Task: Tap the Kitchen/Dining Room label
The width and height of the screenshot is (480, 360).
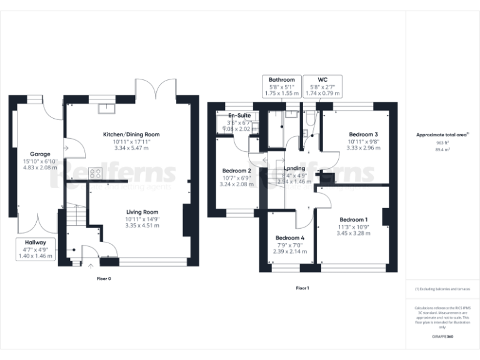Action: tap(131, 134)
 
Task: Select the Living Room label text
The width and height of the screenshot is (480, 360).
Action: tap(142, 212)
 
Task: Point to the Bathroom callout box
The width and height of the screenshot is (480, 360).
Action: tap(282, 86)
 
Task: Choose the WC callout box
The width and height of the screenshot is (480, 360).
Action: tap(322, 86)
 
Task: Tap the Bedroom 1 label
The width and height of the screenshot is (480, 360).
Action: tap(353, 219)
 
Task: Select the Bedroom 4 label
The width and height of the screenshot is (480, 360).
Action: tap(291, 237)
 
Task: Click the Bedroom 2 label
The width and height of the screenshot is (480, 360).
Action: tap(237, 171)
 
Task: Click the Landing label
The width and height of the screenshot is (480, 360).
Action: tap(294, 168)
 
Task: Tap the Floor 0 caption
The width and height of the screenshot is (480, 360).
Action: tap(104, 278)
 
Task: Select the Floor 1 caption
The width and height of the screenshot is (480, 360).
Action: tap(302, 288)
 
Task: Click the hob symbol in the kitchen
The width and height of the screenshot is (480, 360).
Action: tap(96, 172)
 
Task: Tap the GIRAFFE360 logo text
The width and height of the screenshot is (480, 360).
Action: tap(442, 337)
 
